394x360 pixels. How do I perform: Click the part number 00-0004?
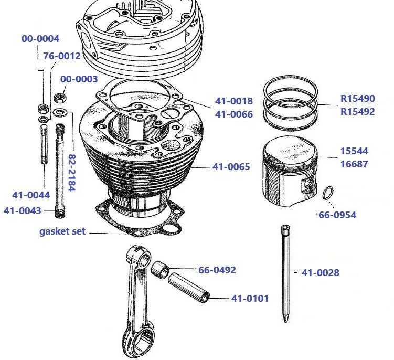(40, 39)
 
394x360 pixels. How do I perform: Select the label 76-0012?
(61, 56)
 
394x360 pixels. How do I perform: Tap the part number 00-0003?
(79, 79)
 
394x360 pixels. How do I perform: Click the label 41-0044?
(30, 195)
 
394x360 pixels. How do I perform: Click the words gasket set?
(62, 231)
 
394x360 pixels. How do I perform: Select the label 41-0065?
(231, 167)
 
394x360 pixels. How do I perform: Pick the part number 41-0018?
(233, 101)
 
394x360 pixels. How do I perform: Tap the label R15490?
(357, 98)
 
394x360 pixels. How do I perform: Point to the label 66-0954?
(337, 215)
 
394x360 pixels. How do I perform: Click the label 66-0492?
(217, 270)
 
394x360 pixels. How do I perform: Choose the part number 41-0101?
(250, 299)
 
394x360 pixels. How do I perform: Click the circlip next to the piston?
(327, 193)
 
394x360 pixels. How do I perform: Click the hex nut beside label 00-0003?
(61, 98)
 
